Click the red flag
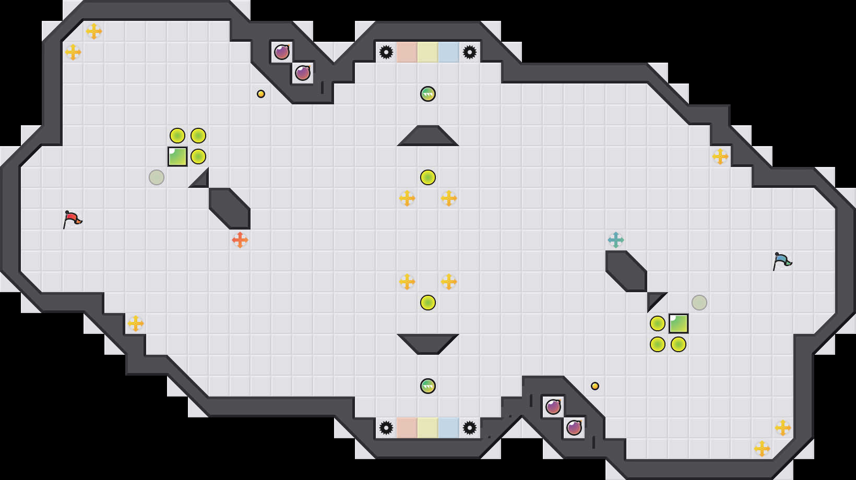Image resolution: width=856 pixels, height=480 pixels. tap(72, 219)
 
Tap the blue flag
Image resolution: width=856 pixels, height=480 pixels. tap(782, 261)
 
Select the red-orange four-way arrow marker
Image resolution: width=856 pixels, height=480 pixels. tap(240, 240)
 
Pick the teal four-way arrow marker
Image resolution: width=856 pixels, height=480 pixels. tap(616, 240)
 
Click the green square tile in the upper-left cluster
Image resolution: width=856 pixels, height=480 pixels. tap(177, 157)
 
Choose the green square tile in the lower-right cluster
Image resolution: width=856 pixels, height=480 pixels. tap(679, 323)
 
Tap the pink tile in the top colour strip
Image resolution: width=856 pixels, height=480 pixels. tap(407, 52)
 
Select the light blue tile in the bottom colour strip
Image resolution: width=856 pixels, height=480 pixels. tap(449, 428)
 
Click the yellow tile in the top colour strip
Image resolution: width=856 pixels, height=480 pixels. tap(428, 52)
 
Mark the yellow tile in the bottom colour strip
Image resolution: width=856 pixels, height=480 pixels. tap(428, 428)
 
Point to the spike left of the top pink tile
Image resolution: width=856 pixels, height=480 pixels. tap(386, 52)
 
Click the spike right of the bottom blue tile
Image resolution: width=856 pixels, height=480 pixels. tap(470, 428)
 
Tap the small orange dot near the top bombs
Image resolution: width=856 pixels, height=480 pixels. tap(261, 94)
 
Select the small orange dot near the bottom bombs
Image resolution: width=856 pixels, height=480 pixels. tap(595, 386)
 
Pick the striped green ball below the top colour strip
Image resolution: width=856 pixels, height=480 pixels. tap(428, 94)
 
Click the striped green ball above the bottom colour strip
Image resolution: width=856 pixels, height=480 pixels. tap(428, 386)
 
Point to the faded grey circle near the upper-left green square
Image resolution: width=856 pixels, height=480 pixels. tap(157, 177)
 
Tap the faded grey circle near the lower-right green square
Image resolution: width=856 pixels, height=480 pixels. tap(699, 303)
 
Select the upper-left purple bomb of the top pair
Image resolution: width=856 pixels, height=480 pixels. tap(282, 52)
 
